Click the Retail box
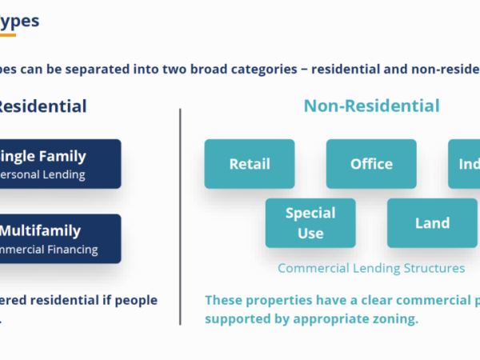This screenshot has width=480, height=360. coord(250,164)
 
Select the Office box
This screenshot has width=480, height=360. coord(371,164)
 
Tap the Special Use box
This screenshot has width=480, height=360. coord(310,223)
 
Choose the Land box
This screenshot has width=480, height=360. coord(432,223)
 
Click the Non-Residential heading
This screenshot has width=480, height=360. coord(371,106)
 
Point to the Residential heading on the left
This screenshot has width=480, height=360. coord(43,106)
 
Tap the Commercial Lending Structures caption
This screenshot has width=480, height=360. coord(371,268)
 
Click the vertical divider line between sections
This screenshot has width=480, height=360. coord(180,216)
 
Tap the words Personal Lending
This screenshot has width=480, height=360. coord(44,174)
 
